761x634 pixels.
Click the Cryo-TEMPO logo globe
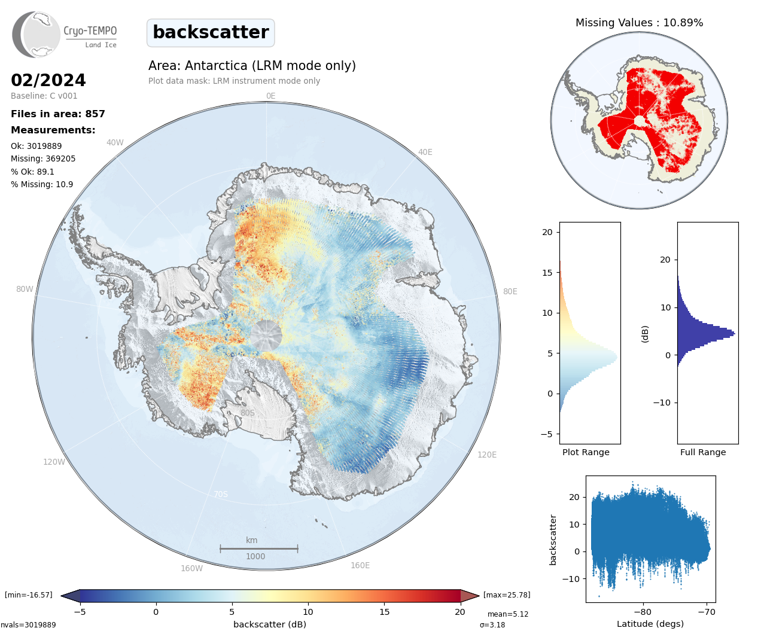(36, 35)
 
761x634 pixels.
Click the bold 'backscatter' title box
(211, 33)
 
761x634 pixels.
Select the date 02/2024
(48, 80)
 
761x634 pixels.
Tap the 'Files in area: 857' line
(58, 114)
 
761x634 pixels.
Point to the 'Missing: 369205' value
(43, 158)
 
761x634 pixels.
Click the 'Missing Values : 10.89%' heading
(639, 23)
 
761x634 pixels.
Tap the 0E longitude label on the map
(271, 96)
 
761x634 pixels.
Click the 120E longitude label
(487, 455)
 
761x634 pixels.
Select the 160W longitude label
(191, 568)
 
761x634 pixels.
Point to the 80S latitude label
(248, 413)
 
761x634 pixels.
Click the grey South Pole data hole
(266, 336)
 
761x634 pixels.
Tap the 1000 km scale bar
(259, 548)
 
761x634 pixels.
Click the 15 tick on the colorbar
(384, 612)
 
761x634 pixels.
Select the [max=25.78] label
(507, 595)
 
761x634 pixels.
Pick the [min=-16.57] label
(29, 595)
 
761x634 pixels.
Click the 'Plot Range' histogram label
(586, 452)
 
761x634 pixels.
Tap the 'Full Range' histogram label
(703, 452)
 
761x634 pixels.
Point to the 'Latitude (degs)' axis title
(650, 624)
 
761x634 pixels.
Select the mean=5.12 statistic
(508, 614)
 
